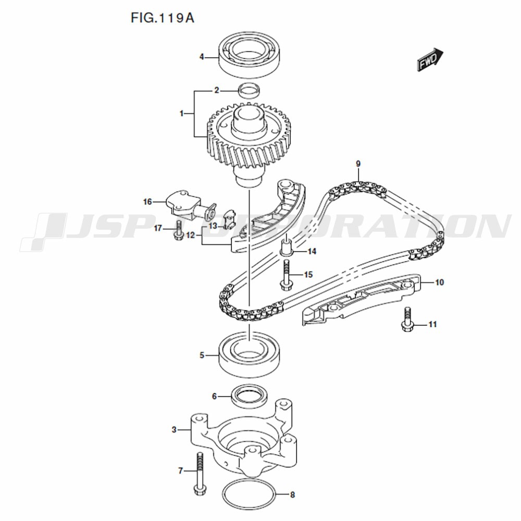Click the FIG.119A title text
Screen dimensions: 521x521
(162, 18)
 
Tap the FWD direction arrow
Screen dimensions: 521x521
(430, 60)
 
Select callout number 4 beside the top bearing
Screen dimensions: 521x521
(201, 57)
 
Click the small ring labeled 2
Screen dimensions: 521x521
(249, 92)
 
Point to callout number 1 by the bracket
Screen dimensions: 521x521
(182, 114)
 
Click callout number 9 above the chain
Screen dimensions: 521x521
(358, 164)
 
